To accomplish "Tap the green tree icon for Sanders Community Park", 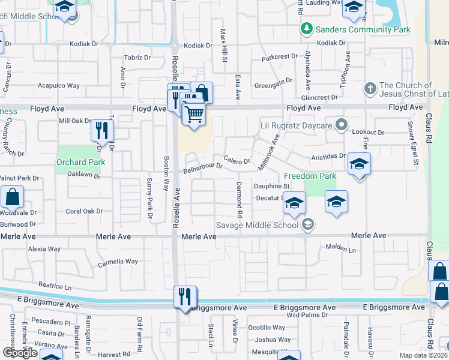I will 307,29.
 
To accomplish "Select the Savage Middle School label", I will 258,226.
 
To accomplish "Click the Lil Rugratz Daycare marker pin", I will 342,125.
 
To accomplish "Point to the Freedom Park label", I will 310,176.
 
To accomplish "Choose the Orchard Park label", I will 80,162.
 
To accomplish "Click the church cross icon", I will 369,89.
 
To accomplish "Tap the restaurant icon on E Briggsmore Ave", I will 184,296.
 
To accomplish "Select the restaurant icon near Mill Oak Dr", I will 101,130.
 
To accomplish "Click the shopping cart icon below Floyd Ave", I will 194,113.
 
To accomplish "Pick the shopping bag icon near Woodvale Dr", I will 12,197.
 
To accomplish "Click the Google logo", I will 19,353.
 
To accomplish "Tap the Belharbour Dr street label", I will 203,167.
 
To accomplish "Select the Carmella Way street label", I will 118,262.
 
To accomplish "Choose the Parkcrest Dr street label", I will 280,58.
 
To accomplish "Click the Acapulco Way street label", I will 59,86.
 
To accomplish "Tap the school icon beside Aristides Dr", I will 359,164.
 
